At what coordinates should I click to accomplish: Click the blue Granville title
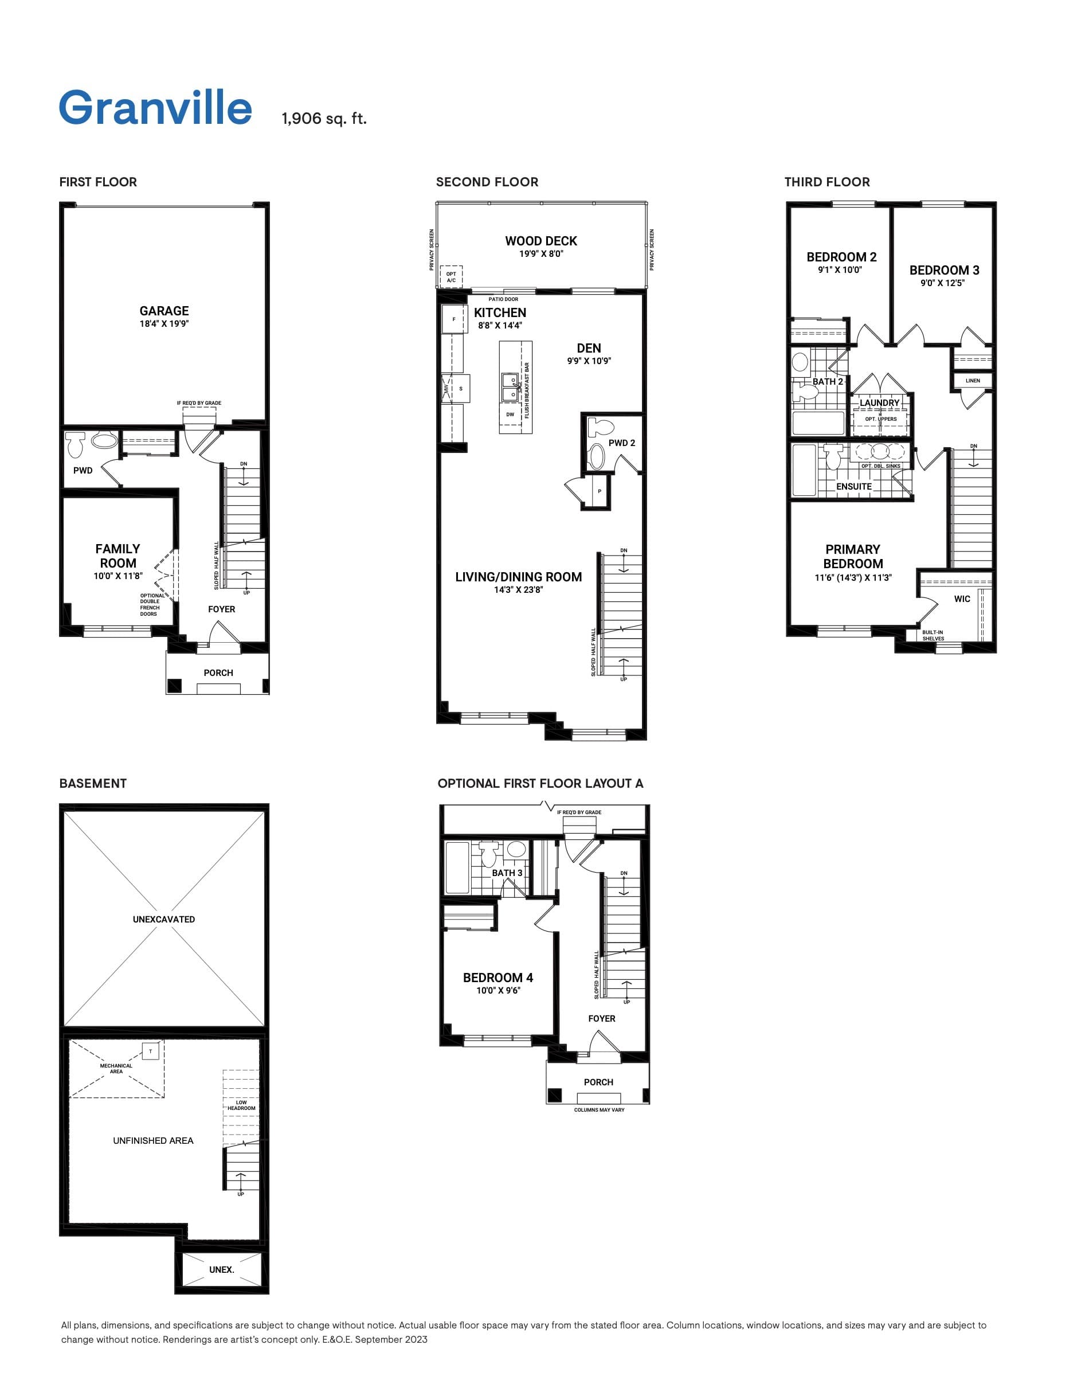(x=155, y=107)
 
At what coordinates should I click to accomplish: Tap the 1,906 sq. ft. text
(x=324, y=119)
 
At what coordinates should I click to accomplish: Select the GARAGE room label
(x=164, y=311)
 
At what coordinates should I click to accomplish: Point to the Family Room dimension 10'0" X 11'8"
(x=118, y=576)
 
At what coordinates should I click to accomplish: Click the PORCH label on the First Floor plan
(x=218, y=673)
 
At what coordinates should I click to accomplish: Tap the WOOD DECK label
(x=540, y=241)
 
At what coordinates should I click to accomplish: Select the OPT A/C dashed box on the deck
(x=452, y=277)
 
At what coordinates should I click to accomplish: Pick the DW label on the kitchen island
(x=510, y=415)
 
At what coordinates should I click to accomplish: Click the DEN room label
(x=589, y=348)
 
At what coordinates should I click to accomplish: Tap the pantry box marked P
(x=600, y=491)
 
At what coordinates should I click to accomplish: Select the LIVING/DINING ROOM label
(x=518, y=577)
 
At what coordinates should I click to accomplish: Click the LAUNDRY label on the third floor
(x=879, y=403)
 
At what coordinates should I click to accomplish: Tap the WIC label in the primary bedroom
(x=962, y=599)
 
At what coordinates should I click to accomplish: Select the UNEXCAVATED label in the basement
(x=164, y=920)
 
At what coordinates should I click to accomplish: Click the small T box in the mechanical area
(x=151, y=1051)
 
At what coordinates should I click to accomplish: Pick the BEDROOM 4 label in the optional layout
(x=498, y=978)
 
